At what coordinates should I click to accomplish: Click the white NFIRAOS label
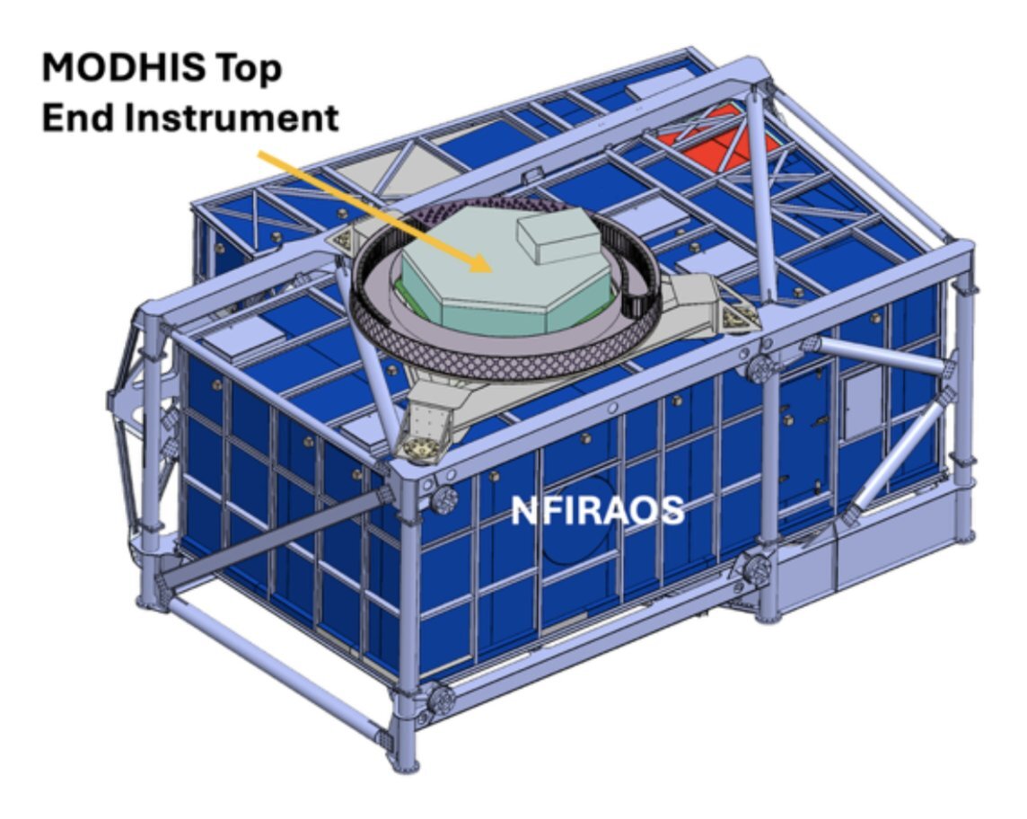[597, 510]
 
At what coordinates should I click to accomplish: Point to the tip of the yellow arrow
[491, 270]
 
